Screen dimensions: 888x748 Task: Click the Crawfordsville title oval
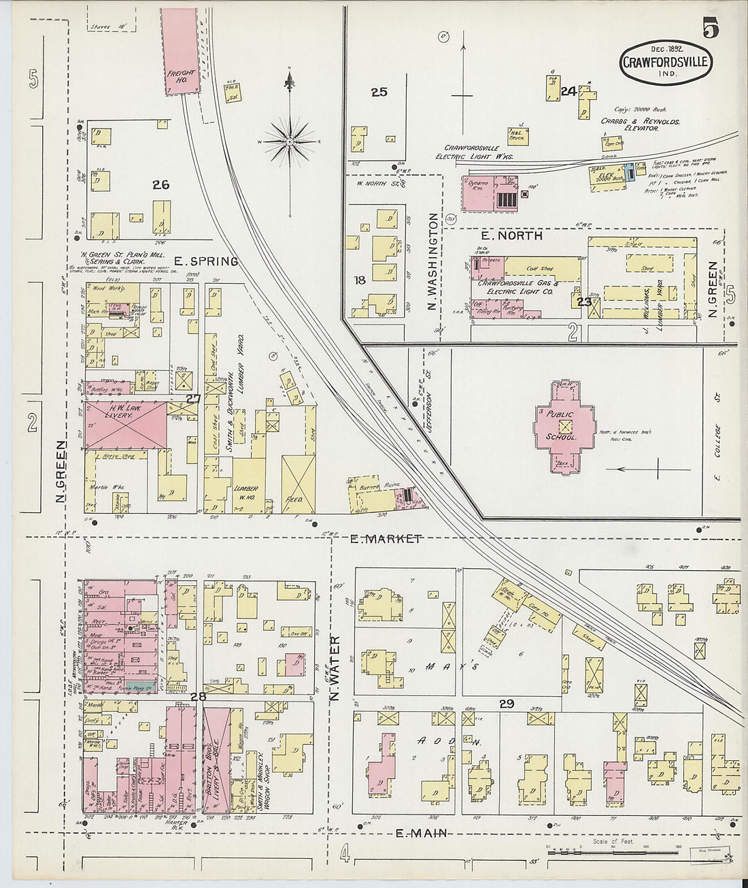[x=666, y=62]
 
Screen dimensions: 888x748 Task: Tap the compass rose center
[x=290, y=142]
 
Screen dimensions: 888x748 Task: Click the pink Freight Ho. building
[x=180, y=51]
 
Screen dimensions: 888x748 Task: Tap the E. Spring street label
[x=205, y=261]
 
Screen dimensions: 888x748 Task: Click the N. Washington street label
[x=432, y=262]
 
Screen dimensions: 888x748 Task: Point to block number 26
[x=160, y=184]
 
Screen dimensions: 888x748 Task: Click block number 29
[x=506, y=704]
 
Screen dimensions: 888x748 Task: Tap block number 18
[x=360, y=280]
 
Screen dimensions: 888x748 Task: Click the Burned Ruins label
[x=375, y=487]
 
